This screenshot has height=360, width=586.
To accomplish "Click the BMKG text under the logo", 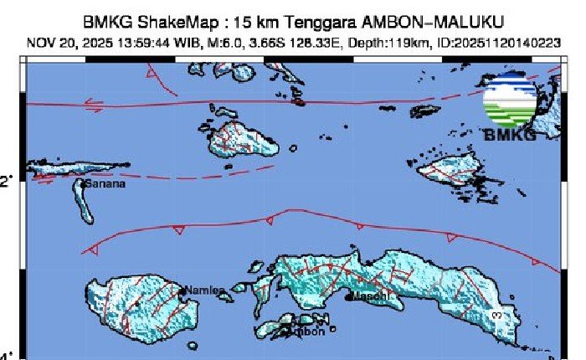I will pos(509,135).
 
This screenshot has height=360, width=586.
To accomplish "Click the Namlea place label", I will pos(205,291).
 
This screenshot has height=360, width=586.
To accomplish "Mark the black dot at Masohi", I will pos(351,296).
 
